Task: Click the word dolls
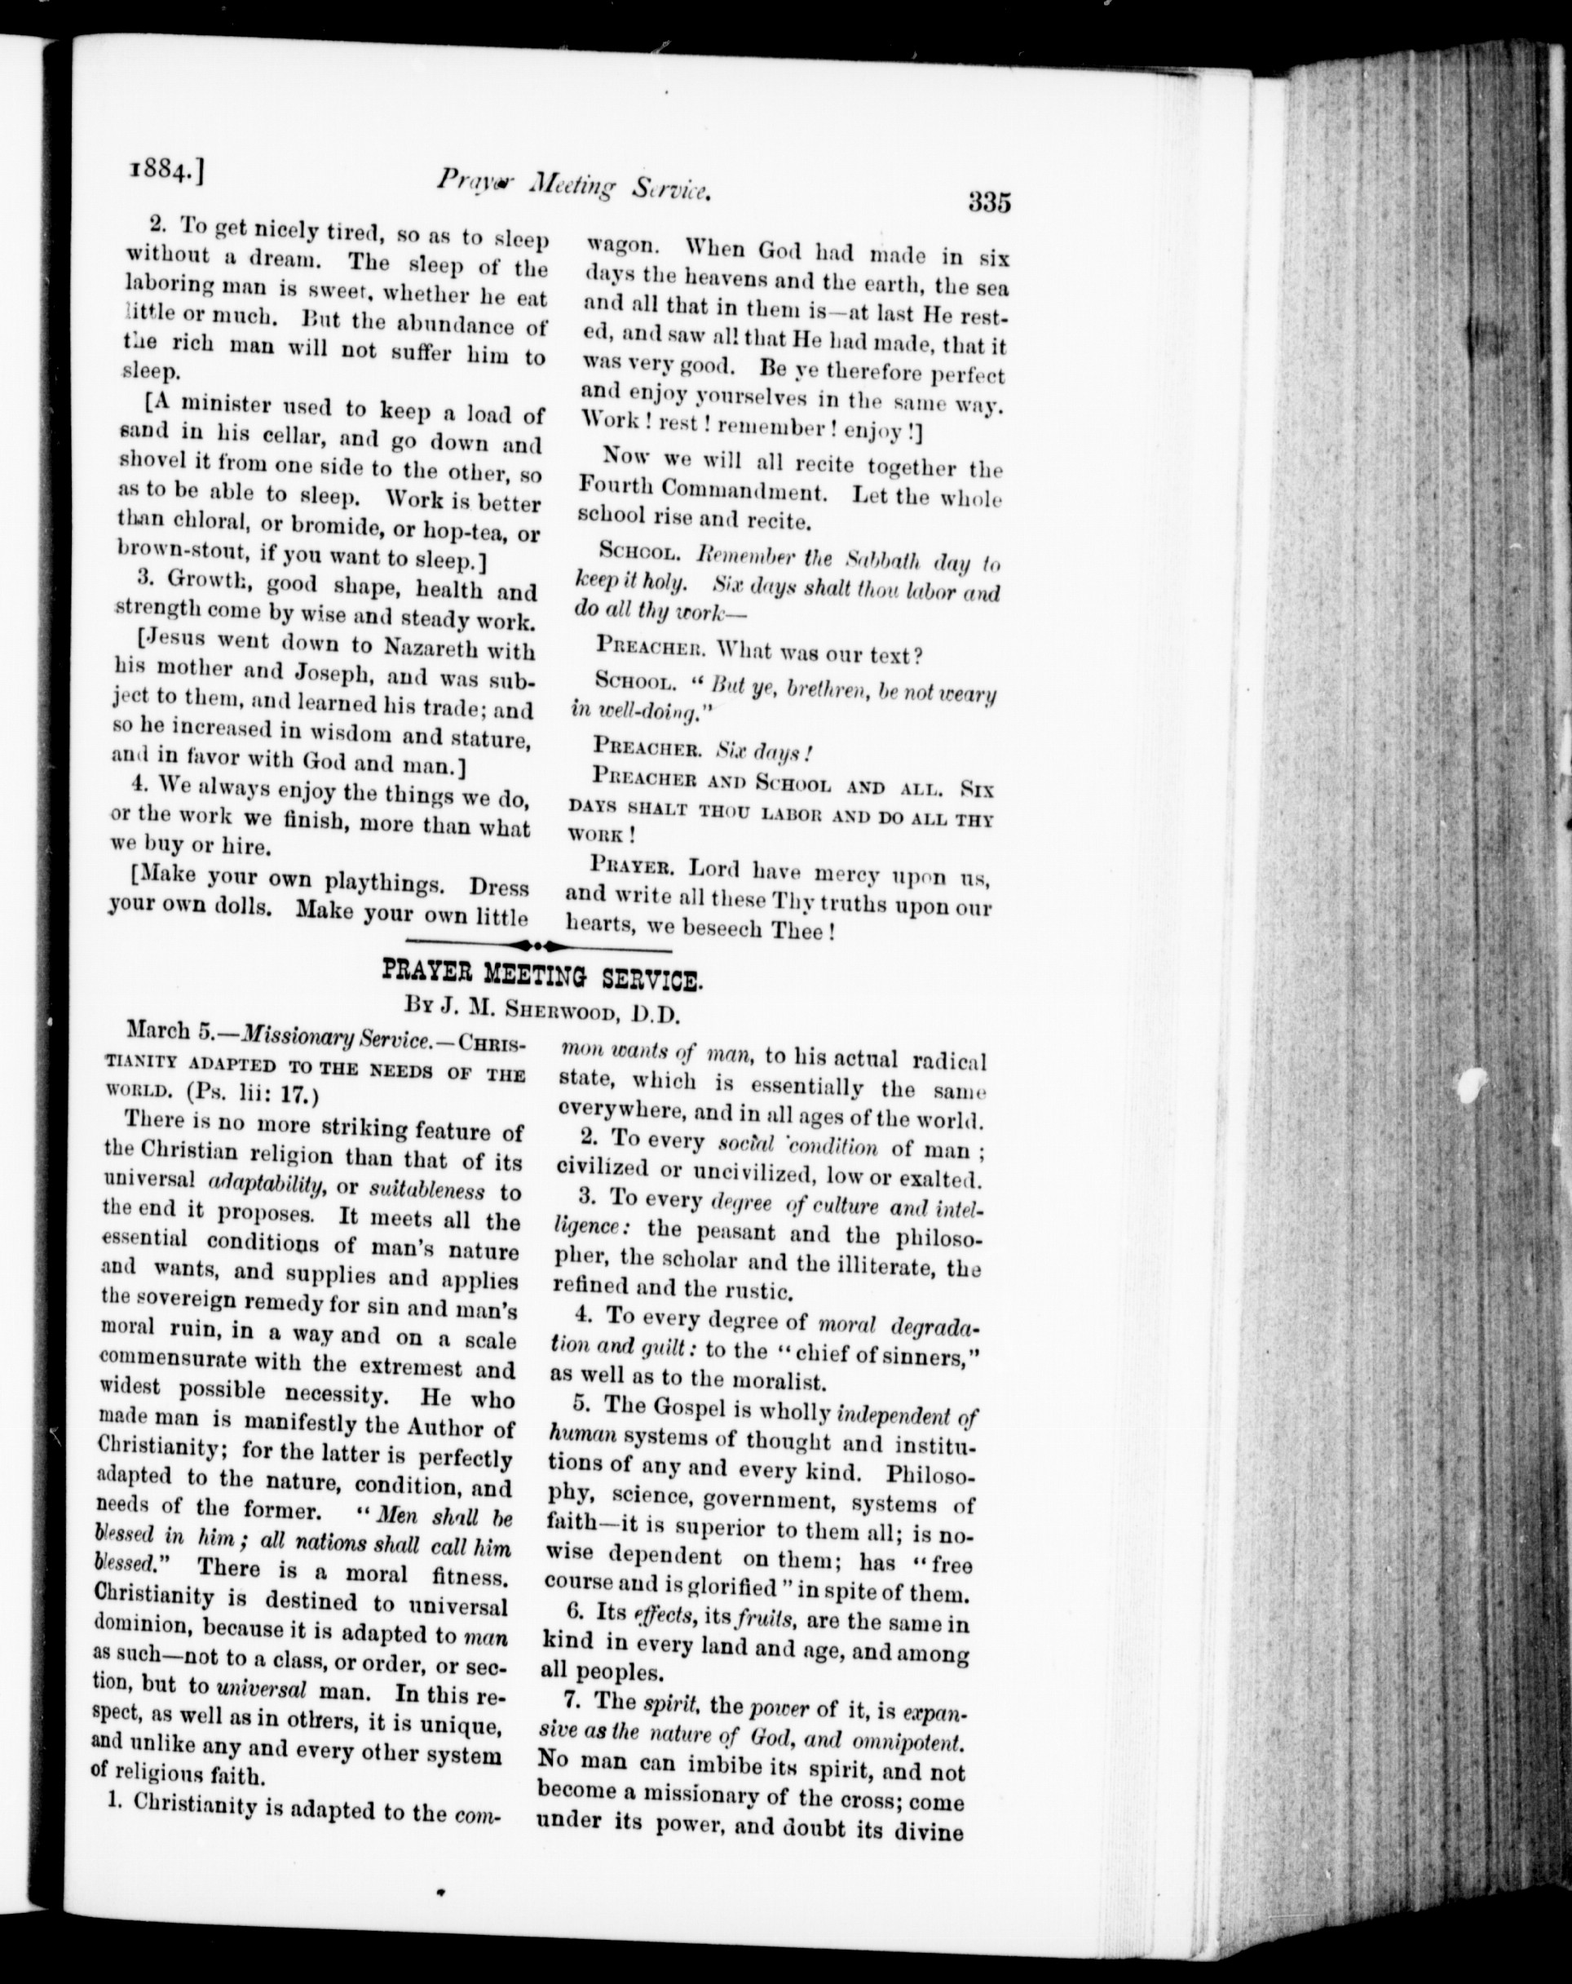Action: coord(245,907)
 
